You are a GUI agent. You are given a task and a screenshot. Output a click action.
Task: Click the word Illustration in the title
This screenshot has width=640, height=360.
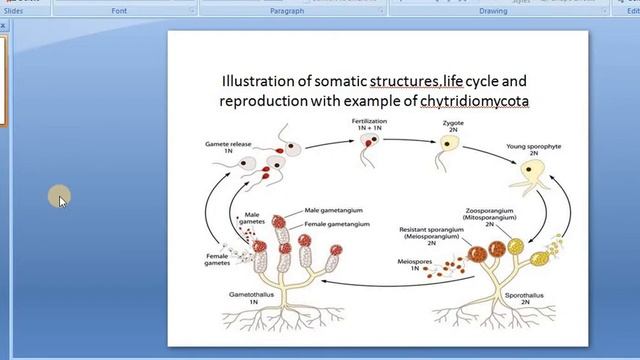[x=261, y=80]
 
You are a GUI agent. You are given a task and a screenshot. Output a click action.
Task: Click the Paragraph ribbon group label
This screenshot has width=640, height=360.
[x=287, y=11]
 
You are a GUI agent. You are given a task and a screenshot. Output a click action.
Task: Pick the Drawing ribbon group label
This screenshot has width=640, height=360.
[x=492, y=11]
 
